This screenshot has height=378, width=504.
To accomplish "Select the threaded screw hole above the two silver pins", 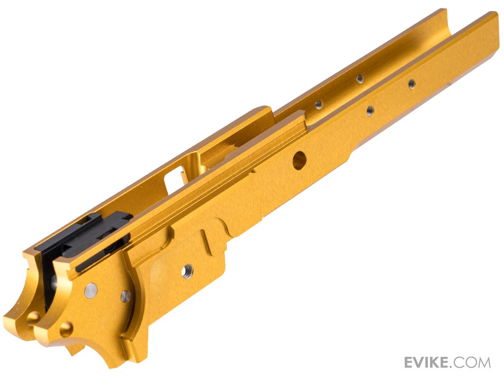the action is (x=187, y=271).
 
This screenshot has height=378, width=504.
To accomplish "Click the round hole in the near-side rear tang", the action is (x=66, y=329).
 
